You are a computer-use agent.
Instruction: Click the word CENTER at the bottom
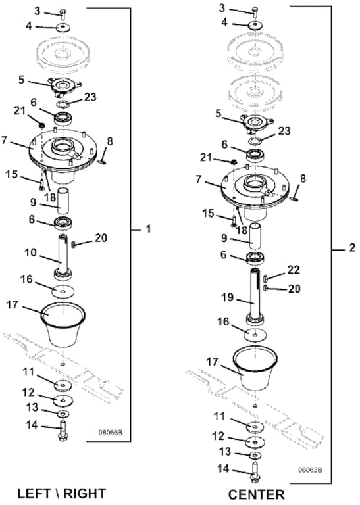tap(256, 494)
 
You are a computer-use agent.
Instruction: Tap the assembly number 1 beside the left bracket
tap(148, 229)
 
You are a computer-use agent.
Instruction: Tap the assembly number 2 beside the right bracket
tap(352, 248)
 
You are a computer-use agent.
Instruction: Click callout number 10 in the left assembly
tap(31, 252)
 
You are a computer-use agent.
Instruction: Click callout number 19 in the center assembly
tap(227, 297)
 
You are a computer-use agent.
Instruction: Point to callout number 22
tap(294, 269)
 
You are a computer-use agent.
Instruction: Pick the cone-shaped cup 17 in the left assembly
tap(63, 325)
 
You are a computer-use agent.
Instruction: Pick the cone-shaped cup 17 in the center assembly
tap(255, 369)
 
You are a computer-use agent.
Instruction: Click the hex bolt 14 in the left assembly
tap(63, 430)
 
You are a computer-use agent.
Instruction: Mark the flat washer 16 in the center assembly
tap(255, 335)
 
